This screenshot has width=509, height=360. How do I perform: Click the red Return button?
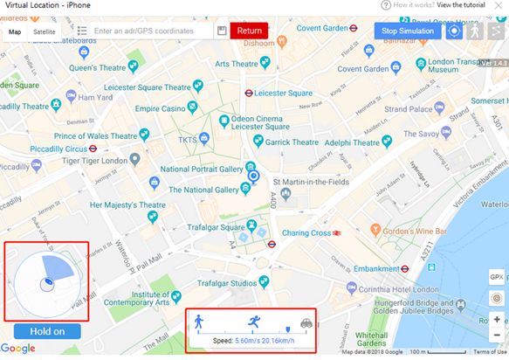click(x=249, y=31)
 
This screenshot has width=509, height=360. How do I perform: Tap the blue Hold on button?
click(x=47, y=331)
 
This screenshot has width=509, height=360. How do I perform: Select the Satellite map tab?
click(x=44, y=31)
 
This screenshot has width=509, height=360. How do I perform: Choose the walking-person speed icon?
click(x=199, y=322)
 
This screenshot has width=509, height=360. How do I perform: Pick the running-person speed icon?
click(x=254, y=322)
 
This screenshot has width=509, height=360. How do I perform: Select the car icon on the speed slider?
click(x=307, y=322)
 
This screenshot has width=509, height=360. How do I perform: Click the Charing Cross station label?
click(x=306, y=233)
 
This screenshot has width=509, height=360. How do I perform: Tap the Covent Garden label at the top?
click(x=322, y=28)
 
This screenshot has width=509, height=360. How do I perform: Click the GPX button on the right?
click(x=497, y=277)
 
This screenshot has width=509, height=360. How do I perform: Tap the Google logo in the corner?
click(x=17, y=349)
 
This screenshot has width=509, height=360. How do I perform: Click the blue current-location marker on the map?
click(x=254, y=177)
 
